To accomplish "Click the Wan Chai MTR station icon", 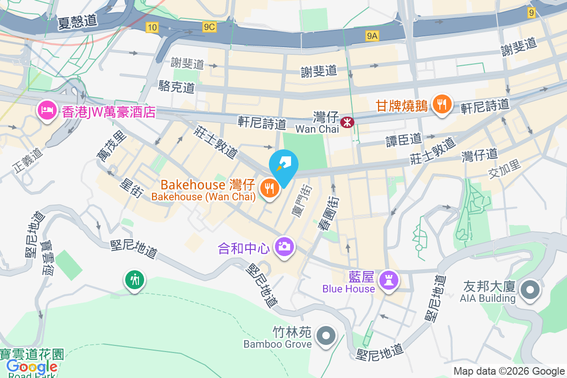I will pos(348,122).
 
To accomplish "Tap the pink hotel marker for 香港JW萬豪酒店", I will pos(46,110).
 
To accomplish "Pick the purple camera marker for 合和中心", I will pos(284,246).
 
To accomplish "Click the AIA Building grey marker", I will pos(530,290).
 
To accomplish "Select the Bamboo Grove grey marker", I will pos(326,335).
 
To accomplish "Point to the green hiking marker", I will pos(135,280).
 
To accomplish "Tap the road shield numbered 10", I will pos(151,28).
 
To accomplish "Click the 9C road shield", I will pos(209,27).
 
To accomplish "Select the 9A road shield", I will pos(372,35).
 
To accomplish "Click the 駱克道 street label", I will pos(177,86).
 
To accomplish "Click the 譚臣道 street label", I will pos(403,139).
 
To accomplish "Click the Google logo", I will pos(32,367).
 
